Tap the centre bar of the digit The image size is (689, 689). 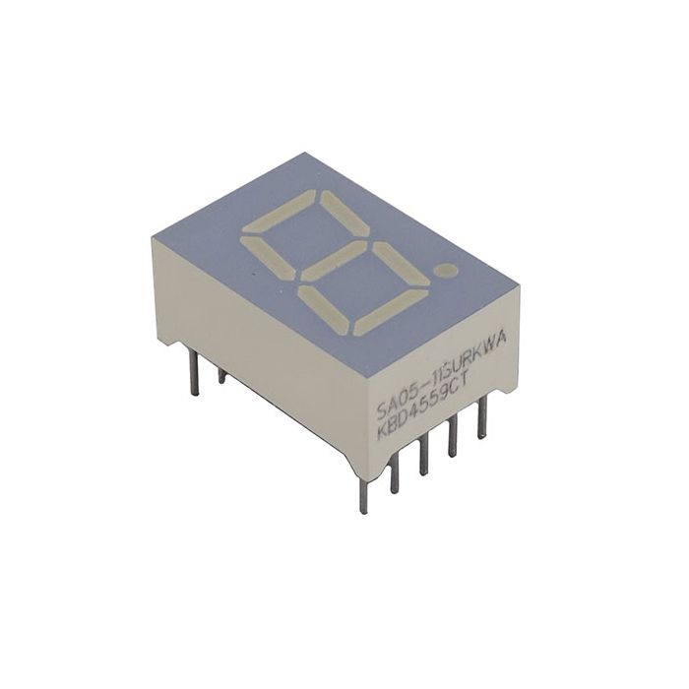point(333,262)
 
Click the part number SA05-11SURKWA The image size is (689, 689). point(443,373)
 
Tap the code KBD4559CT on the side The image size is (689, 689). point(433,399)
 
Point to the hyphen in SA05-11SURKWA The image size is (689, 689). point(417,387)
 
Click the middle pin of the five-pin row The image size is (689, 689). point(423,456)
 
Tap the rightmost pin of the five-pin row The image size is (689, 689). point(481,418)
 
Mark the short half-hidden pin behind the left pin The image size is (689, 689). point(221,375)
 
